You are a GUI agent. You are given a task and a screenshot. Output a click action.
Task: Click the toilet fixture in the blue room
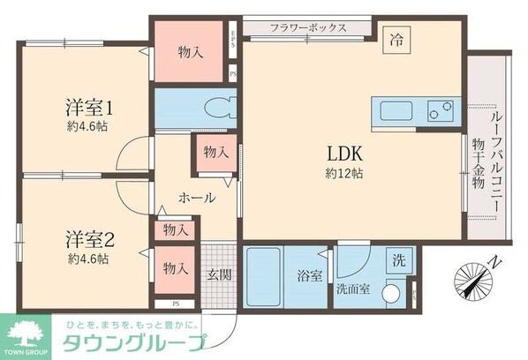tap(218, 108)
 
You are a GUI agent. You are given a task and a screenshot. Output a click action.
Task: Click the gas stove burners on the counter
tap(439, 112)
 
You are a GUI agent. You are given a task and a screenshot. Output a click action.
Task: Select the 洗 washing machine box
tap(399, 260)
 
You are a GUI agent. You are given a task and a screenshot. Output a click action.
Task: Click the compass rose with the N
tap(475, 281)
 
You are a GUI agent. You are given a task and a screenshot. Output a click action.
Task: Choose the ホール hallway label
tap(197, 198)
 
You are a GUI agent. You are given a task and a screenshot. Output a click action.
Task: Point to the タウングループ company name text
tap(132, 343)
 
